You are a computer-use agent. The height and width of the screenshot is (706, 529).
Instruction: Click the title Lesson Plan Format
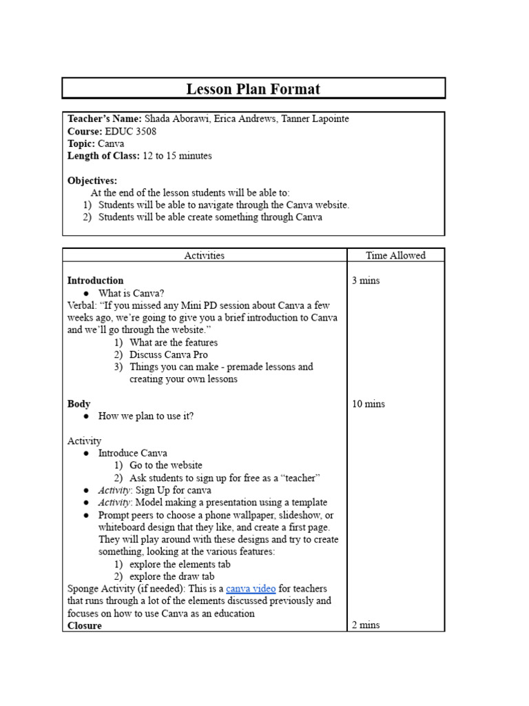[253, 89]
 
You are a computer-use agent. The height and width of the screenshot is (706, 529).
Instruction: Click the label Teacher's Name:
[104, 119]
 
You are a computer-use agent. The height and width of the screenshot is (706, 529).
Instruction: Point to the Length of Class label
[103, 156]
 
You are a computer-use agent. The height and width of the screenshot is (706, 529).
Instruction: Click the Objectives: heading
[92, 181]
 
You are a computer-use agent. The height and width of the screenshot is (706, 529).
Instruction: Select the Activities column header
[204, 256]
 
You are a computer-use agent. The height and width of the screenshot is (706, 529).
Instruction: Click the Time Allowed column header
[395, 256]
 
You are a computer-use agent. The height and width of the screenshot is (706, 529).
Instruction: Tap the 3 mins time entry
[366, 281]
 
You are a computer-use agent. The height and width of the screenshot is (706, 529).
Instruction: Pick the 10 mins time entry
[369, 404]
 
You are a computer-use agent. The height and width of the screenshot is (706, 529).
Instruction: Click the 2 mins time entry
[366, 625]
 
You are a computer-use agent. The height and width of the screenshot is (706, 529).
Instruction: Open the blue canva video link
[251, 589]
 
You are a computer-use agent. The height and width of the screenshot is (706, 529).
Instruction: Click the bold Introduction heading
[95, 281]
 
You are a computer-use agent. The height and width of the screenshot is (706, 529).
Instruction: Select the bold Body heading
[79, 404]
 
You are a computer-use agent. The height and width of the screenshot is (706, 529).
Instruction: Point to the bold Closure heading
[84, 625]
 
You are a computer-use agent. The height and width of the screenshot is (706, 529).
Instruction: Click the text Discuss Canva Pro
[168, 354]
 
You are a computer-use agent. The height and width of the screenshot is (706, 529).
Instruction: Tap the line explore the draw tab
[172, 576]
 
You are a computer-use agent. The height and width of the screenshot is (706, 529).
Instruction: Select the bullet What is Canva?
[131, 293]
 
